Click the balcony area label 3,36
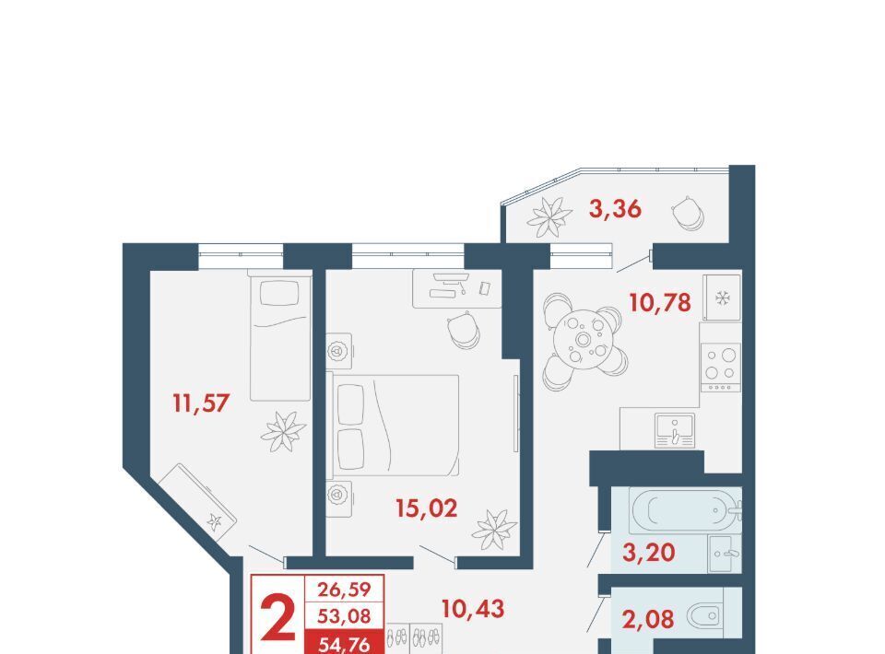pos(615,209)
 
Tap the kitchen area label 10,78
pos(660,303)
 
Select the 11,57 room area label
pos(202,403)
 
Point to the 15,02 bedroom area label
pos(426,508)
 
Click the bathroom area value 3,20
pos(648,553)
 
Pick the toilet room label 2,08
pos(648,619)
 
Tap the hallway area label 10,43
pos(472,609)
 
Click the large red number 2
pos(277,618)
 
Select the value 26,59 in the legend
pos(344,590)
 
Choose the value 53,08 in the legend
pos(344,616)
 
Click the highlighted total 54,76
pos(344,643)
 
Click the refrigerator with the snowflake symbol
pos(722,298)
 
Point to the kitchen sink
pos(675,430)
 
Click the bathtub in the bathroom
pos(685,509)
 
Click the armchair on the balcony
pos(688,213)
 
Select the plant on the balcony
pos(549,217)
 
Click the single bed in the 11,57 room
pos(280,335)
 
